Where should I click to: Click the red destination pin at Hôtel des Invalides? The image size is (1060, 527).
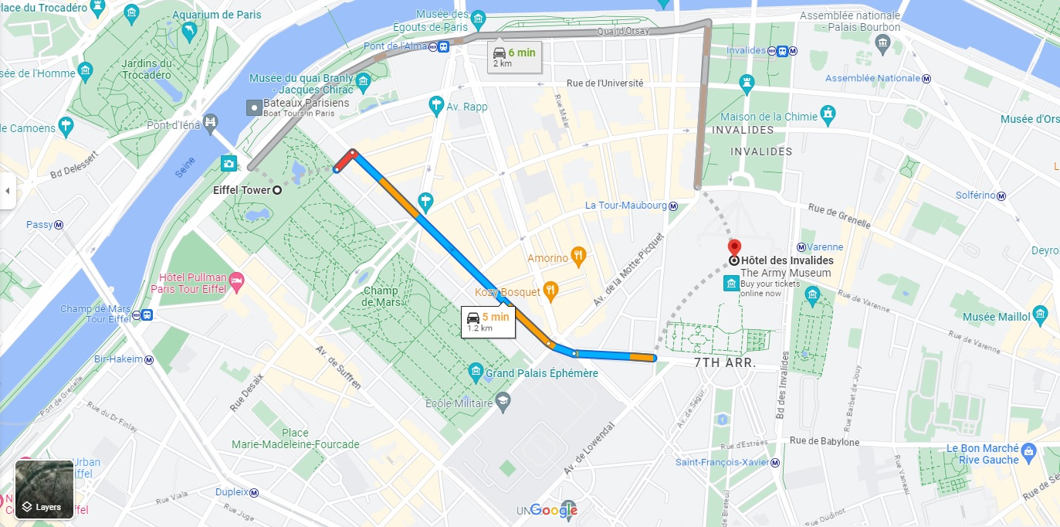pos(734,247)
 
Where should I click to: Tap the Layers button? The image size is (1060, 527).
pos(44,490)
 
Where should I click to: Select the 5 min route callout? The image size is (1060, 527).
pos(488,321)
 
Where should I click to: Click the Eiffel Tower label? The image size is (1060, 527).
pos(242,190)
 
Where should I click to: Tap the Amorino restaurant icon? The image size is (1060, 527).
pos(580,257)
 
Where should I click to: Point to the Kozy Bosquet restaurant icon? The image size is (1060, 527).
pos(550,291)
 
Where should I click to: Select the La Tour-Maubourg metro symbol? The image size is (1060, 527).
pos(673,206)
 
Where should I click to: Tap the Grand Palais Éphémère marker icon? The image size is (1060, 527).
pos(476,373)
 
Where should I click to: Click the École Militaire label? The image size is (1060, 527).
pos(459,403)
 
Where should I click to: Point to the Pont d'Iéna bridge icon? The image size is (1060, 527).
pos(209,123)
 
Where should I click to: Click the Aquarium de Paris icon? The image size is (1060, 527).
pos(188,31)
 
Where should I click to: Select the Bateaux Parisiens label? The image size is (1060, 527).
pos(306,103)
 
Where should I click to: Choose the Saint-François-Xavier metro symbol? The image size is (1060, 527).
pos(776,462)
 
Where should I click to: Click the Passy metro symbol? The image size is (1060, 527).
pos(59,225)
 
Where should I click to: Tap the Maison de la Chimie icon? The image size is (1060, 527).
pos(828,115)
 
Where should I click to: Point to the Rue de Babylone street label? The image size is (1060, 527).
pos(824,442)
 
